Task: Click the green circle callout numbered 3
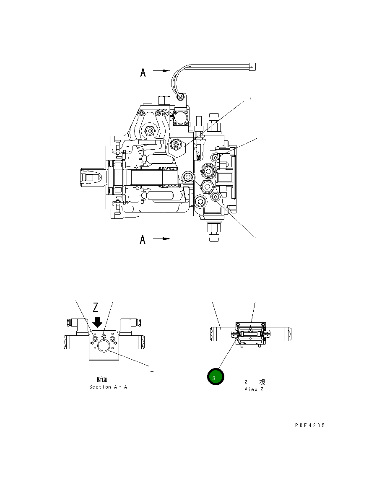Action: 216,377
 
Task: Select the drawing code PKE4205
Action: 310,425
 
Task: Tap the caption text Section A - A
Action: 108,387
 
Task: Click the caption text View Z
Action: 254,389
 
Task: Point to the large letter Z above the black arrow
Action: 96,308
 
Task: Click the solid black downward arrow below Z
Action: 97,322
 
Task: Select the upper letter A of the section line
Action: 143,73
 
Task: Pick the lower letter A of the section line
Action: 143,240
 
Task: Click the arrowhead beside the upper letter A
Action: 166,71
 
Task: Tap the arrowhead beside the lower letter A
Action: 166,239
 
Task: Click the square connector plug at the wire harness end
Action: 252,66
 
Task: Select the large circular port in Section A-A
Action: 103,345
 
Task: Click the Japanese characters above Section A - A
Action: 102,379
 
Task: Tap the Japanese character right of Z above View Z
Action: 262,382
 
